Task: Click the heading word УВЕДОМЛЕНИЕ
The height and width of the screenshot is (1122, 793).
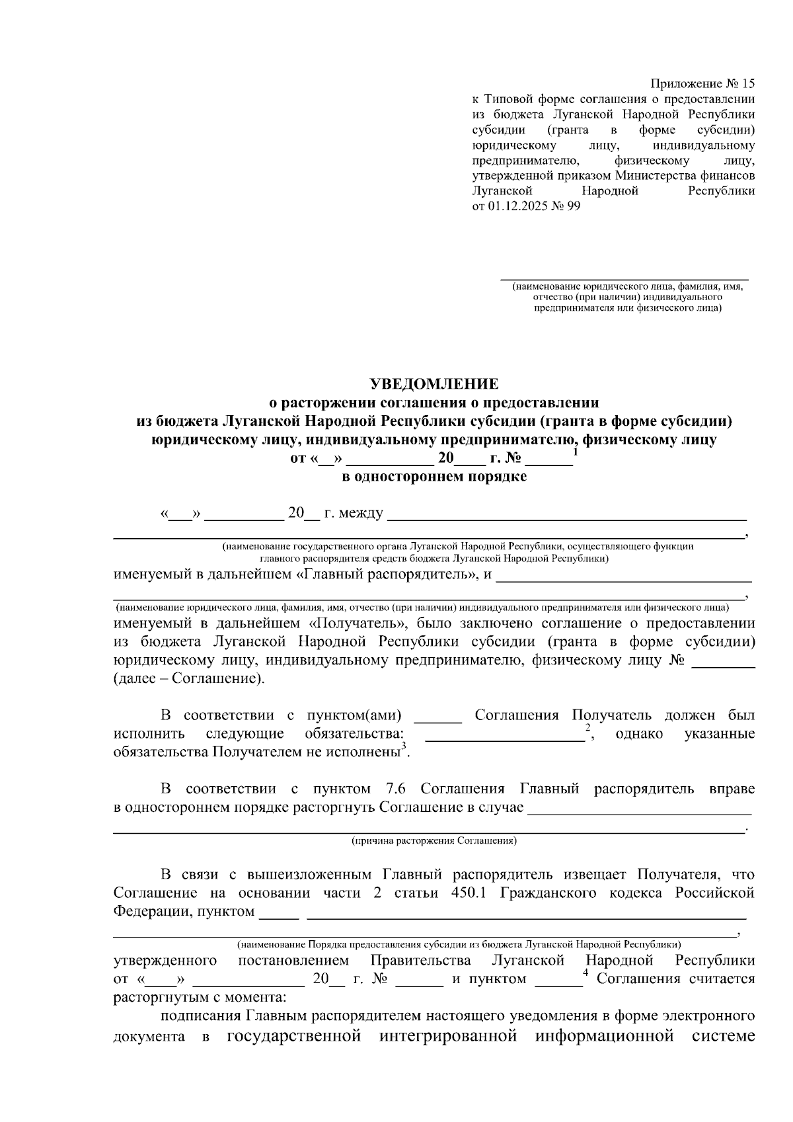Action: [x=434, y=384]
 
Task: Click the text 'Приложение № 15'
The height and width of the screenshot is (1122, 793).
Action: [x=702, y=84]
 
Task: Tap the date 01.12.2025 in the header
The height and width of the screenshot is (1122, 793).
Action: [x=515, y=206]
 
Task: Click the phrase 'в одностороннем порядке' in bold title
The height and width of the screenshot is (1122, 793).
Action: [x=434, y=477]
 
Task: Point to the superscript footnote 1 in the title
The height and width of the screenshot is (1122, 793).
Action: [x=576, y=452]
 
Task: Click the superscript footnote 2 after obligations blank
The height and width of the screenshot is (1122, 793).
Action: [x=587, y=727]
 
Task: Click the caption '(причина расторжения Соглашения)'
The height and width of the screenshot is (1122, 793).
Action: [x=434, y=841]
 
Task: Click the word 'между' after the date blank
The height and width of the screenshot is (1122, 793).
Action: [x=361, y=514]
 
